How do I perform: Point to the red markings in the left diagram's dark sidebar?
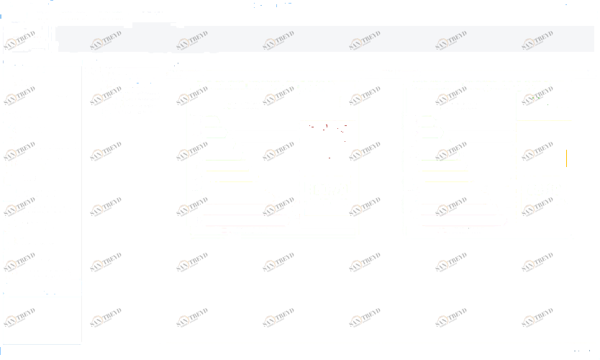(x=327, y=133)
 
